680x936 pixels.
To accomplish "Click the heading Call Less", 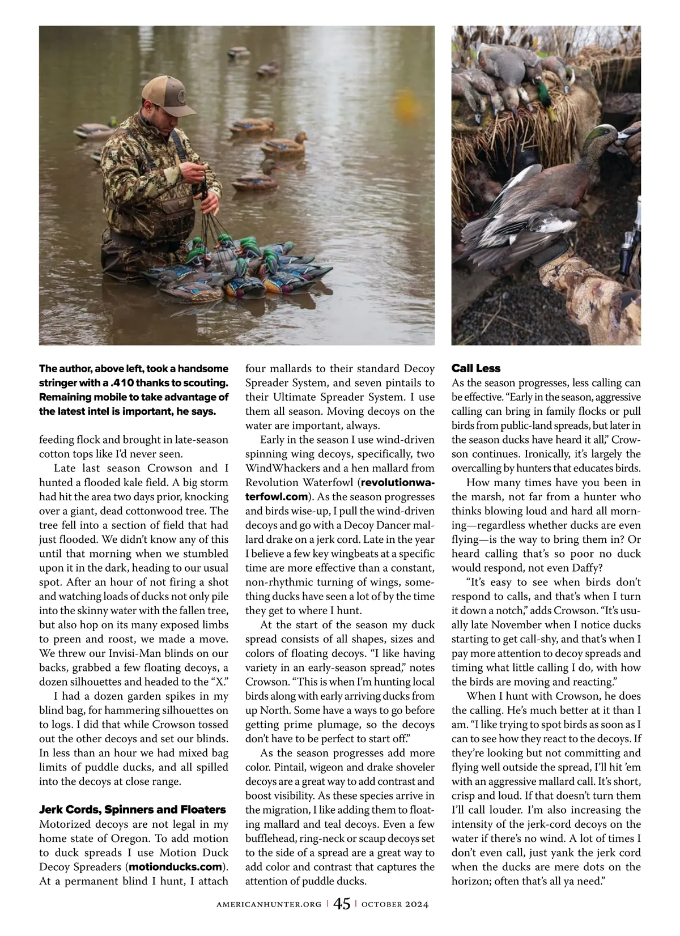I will [475, 368].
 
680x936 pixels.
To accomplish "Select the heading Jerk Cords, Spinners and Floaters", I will [132, 809].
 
